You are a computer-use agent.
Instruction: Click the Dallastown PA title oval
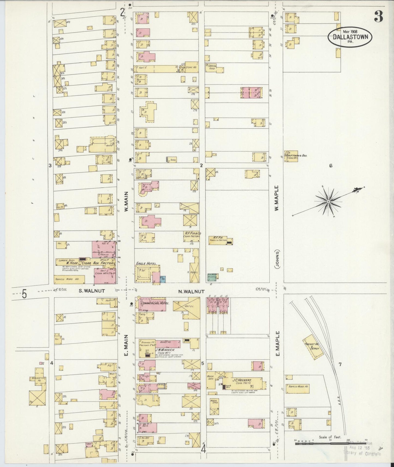350,37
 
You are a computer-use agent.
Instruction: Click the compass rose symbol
329,201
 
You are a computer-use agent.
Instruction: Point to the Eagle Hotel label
146,264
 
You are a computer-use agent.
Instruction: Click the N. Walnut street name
191,291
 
